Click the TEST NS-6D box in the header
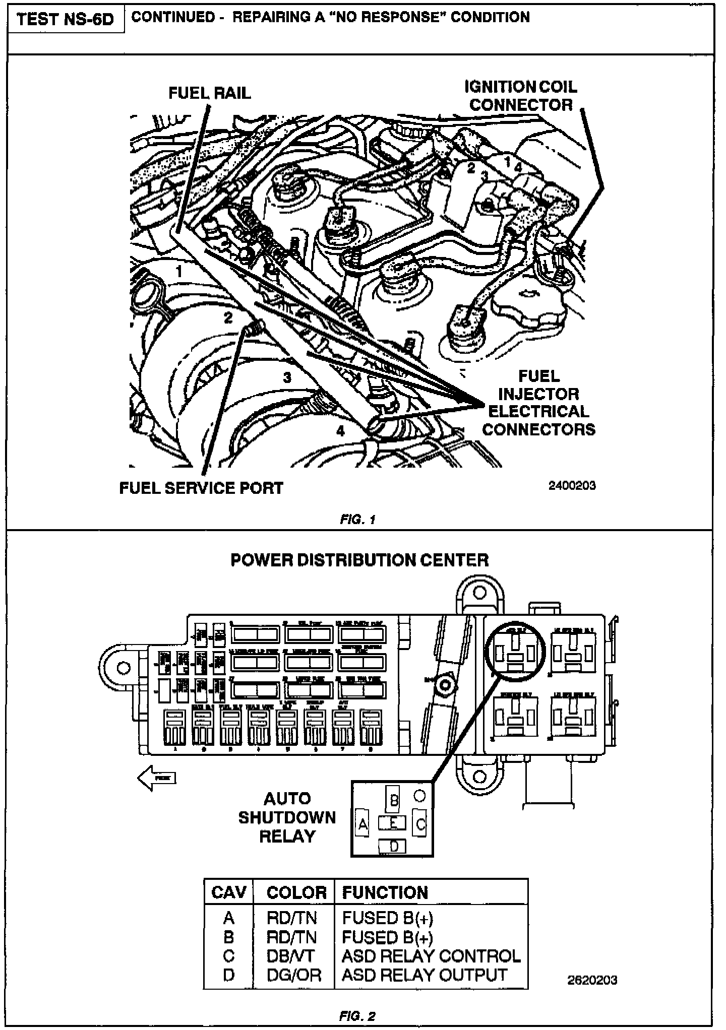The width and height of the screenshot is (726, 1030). click(65, 20)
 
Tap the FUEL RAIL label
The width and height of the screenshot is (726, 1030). click(209, 93)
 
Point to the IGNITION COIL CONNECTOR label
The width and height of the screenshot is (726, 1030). click(521, 96)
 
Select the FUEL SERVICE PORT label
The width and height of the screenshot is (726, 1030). click(201, 488)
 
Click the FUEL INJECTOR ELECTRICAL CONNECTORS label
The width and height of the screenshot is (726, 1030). click(538, 403)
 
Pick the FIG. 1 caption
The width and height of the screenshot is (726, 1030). click(357, 520)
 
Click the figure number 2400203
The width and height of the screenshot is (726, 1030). click(572, 486)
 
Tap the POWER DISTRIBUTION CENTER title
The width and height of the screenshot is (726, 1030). click(359, 560)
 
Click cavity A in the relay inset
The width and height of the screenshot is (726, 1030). click(362, 824)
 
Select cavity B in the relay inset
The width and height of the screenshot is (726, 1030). click(394, 800)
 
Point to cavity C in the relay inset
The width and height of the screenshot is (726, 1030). click(420, 824)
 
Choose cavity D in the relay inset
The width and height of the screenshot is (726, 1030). click(394, 846)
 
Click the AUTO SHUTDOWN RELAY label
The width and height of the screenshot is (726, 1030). click(287, 817)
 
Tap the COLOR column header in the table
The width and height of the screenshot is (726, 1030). click(296, 892)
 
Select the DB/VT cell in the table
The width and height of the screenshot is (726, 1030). click(290, 956)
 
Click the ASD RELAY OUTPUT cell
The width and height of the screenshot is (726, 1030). click(424, 975)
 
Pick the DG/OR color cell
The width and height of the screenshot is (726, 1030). click(293, 975)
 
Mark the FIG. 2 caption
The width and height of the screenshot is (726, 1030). click(357, 1016)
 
